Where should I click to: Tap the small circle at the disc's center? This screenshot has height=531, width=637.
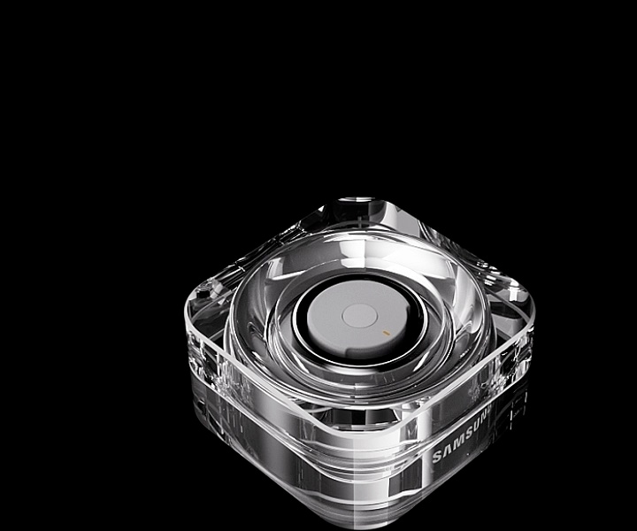pos(358,315)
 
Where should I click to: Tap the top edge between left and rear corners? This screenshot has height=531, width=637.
pos(265,243)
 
